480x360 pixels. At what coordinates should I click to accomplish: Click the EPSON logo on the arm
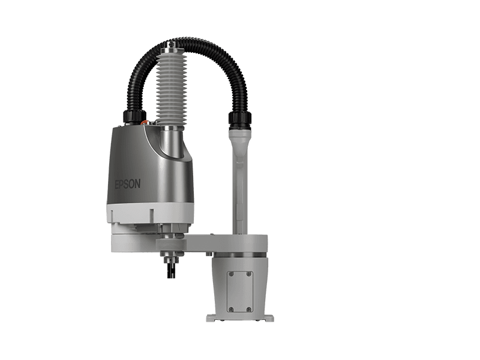128,184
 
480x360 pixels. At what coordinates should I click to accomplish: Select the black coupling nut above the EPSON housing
134,116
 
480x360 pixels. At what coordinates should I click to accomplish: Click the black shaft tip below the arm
171,271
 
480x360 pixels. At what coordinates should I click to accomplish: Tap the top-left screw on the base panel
232,274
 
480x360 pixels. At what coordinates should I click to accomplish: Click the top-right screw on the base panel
248,274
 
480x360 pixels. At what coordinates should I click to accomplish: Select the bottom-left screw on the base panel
232,309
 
